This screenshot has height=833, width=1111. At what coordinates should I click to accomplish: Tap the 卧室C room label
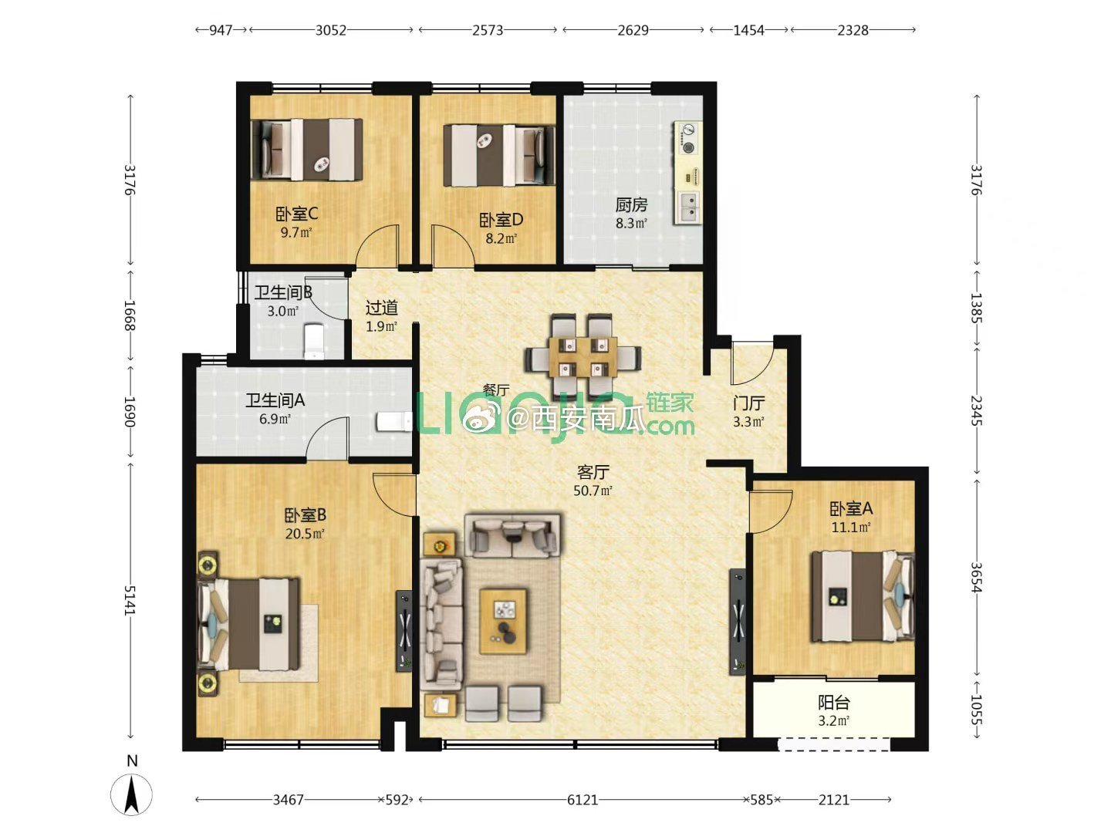click(296, 214)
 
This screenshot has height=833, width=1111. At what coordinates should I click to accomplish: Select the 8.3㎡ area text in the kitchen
click(631, 223)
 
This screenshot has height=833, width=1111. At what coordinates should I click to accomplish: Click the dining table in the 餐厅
click(583, 357)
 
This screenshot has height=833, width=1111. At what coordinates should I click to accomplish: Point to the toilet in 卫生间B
click(314, 342)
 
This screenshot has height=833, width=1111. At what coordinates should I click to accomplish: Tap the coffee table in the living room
click(502, 621)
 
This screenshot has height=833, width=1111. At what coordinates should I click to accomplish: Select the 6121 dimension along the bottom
click(582, 800)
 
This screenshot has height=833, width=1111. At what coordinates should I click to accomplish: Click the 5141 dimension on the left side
click(130, 600)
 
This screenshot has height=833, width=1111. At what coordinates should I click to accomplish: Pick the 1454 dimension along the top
click(748, 30)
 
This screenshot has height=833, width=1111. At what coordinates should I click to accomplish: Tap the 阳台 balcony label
click(833, 702)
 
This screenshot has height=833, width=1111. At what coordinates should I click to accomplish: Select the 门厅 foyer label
click(749, 403)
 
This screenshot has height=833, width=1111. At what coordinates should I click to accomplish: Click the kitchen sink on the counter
click(688, 207)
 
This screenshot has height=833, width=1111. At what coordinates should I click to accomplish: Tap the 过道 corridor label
click(382, 308)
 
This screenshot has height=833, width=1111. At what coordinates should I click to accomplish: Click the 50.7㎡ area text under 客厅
click(593, 490)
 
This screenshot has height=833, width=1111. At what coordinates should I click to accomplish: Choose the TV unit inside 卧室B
click(404, 631)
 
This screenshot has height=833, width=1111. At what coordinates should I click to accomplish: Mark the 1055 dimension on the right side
click(976, 710)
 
